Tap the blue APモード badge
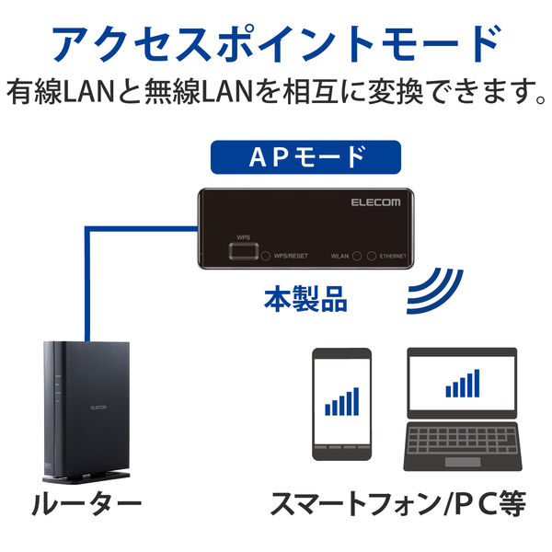[x=305, y=157]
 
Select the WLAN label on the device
[x=342, y=256]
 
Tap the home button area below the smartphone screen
[x=341, y=452]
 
